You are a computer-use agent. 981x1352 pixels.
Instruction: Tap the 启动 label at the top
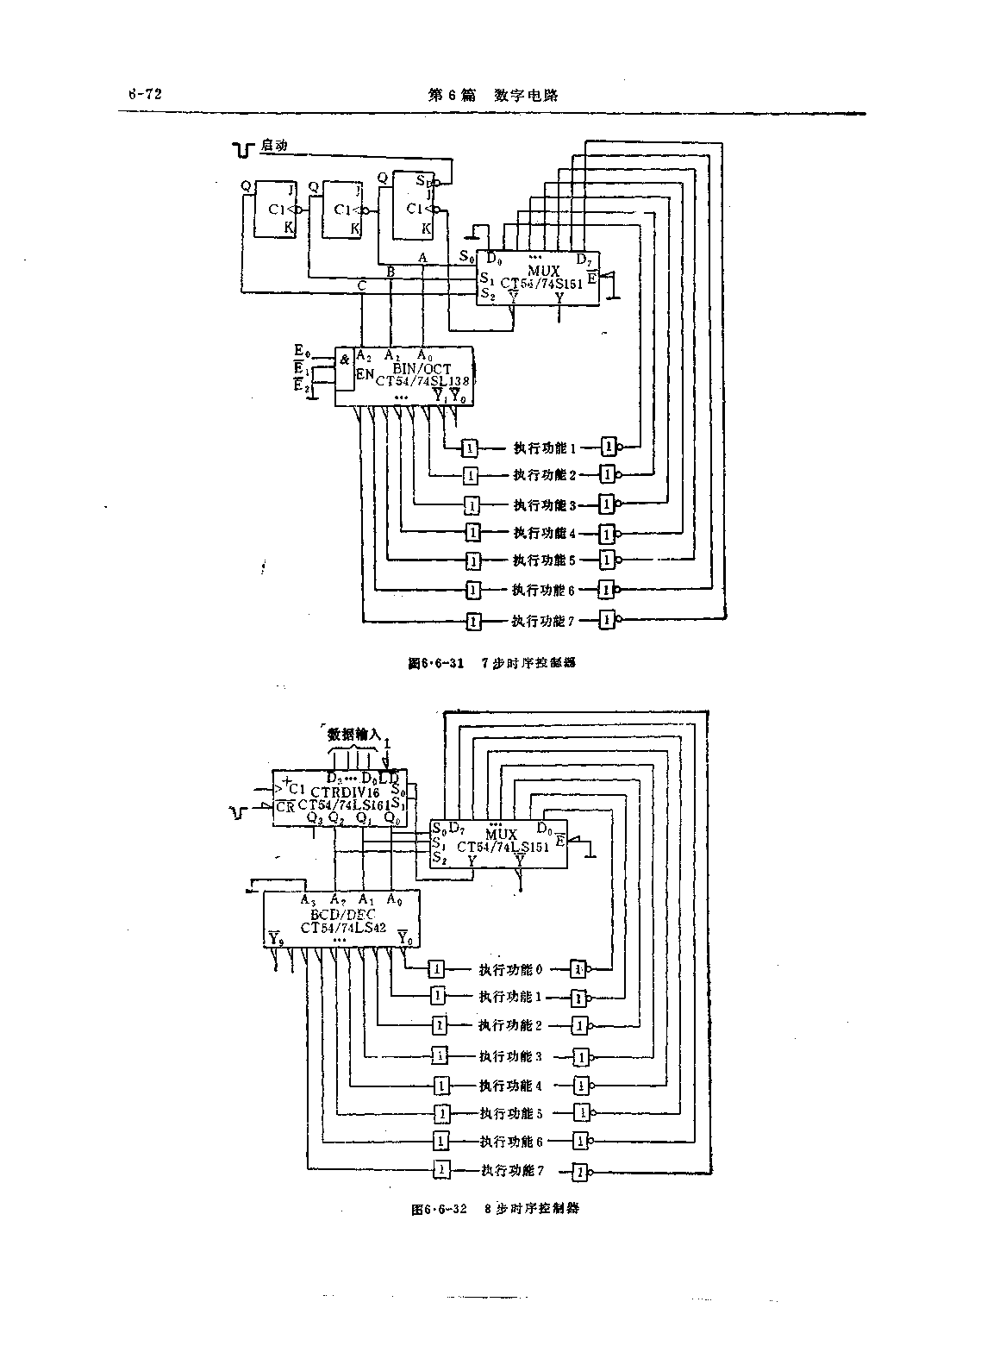pyautogui.click(x=273, y=147)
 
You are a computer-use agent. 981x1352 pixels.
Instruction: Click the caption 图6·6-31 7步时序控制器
pyautogui.click(x=491, y=663)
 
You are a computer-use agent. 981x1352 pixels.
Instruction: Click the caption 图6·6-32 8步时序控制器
pyautogui.click(x=495, y=1208)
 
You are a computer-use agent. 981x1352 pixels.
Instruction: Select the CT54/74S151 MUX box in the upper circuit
pyautogui.click(x=539, y=278)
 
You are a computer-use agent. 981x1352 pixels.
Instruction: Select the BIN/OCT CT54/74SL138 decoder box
pyautogui.click(x=404, y=376)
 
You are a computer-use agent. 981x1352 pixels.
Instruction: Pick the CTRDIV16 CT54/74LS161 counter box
pyautogui.click(x=341, y=798)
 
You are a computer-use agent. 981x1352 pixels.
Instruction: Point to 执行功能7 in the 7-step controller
pyautogui.click(x=542, y=620)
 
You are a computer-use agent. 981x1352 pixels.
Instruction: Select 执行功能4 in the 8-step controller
pyautogui.click(x=510, y=1086)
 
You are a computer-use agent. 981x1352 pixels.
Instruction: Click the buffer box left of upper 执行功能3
pyautogui.click(x=472, y=504)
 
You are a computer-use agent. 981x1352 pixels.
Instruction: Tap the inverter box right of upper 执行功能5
pyautogui.click(x=608, y=560)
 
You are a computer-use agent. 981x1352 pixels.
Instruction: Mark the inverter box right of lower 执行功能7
pyautogui.click(x=582, y=1172)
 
